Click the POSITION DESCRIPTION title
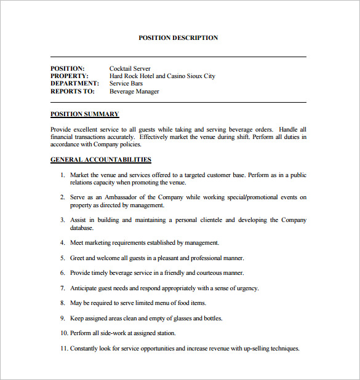[x=178, y=38]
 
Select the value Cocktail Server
[x=130, y=69]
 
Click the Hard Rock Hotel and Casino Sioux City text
[x=162, y=76]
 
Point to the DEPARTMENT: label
[x=74, y=84]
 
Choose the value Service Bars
[x=126, y=84]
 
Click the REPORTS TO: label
[x=73, y=92]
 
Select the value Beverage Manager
[x=134, y=92]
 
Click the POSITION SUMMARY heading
[x=84, y=114]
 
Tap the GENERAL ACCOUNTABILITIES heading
[x=100, y=160]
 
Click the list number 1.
[x=62, y=175]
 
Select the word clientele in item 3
[x=208, y=220]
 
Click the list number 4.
[x=62, y=243]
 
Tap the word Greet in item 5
[x=78, y=258]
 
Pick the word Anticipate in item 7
[x=84, y=288]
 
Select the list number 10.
[x=63, y=333]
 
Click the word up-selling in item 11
[x=254, y=349]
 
